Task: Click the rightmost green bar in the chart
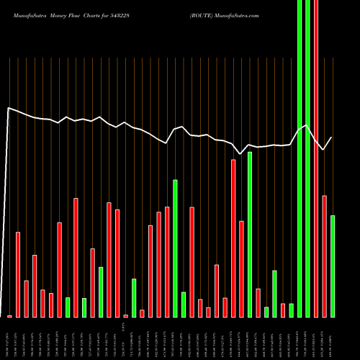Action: click(x=333, y=266)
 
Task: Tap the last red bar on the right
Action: click(x=324, y=256)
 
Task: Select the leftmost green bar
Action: click(x=68, y=307)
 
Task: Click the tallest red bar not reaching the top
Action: click(x=233, y=238)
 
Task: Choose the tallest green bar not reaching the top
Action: click(x=250, y=234)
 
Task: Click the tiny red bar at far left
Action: click(x=9, y=316)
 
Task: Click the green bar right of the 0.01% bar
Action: click(x=134, y=297)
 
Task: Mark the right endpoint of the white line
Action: click(x=332, y=137)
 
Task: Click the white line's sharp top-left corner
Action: click(x=8, y=108)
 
